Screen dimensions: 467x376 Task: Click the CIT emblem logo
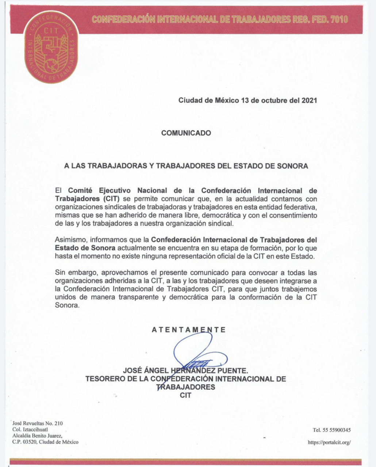[x=51, y=46]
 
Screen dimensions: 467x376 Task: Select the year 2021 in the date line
[x=309, y=100]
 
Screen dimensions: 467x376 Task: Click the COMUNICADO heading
[x=186, y=133]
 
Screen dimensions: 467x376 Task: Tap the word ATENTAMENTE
[x=189, y=330]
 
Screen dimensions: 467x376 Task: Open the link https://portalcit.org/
[x=329, y=442]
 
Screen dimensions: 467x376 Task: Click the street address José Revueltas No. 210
[x=38, y=424]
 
